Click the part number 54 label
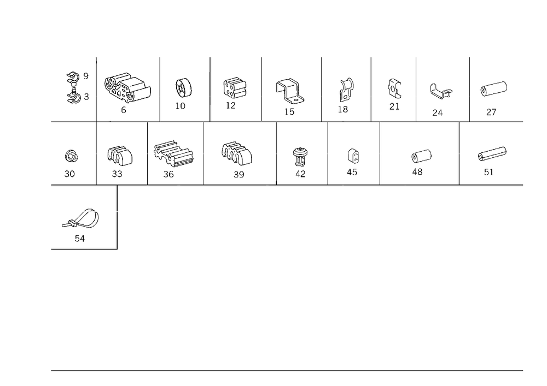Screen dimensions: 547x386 pyautogui.click(x=79, y=239)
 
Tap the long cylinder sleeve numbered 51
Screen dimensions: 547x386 pyautogui.click(x=492, y=154)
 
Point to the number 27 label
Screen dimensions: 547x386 pyautogui.click(x=491, y=112)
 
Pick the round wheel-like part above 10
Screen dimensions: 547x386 pyautogui.click(x=183, y=88)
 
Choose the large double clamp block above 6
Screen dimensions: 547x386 pyautogui.click(x=127, y=87)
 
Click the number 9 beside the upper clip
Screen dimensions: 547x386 pyautogui.click(x=86, y=76)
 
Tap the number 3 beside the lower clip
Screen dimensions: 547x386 pyautogui.click(x=86, y=97)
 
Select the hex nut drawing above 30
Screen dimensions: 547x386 pyautogui.click(x=72, y=156)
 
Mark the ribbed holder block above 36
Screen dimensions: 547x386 pyautogui.click(x=173, y=153)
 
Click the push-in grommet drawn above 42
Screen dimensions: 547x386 pyautogui.click(x=300, y=157)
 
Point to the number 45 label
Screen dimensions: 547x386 pyautogui.click(x=352, y=173)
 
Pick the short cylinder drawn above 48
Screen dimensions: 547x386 pyautogui.click(x=421, y=156)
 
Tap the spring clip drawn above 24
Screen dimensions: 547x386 pyautogui.click(x=440, y=91)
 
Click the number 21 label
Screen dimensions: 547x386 pyautogui.click(x=394, y=106)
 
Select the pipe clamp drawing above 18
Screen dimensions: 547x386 pyautogui.click(x=346, y=90)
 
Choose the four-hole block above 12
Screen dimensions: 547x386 pyautogui.click(x=235, y=87)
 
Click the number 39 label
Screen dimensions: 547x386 pyautogui.click(x=238, y=174)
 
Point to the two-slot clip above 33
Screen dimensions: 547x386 pyautogui.click(x=120, y=156)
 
